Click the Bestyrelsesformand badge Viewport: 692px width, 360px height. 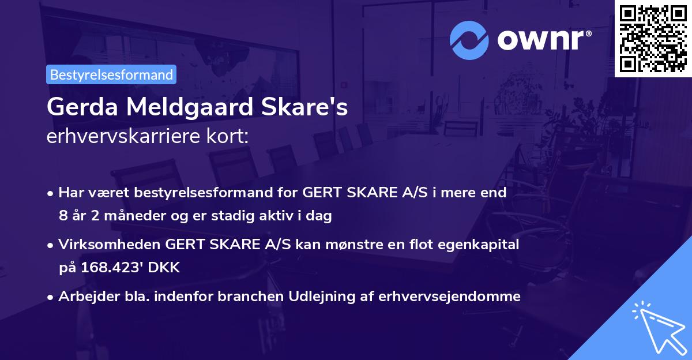[111, 74]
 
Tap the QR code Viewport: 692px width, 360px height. [653, 39]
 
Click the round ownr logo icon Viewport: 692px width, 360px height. [469, 40]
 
